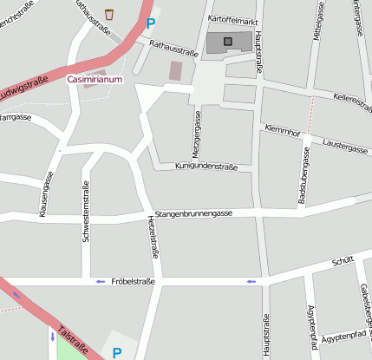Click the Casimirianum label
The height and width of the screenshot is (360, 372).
[x=95, y=79]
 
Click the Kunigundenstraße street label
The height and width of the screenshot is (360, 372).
[x=206, y=165]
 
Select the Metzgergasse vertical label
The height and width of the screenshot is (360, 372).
[x=197, y=131]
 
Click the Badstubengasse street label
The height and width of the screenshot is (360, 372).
[x=305, y=176]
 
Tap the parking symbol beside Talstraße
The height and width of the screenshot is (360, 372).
[x=117, y=352]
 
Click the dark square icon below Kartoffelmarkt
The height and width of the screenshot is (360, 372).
[x=228, y=41]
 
